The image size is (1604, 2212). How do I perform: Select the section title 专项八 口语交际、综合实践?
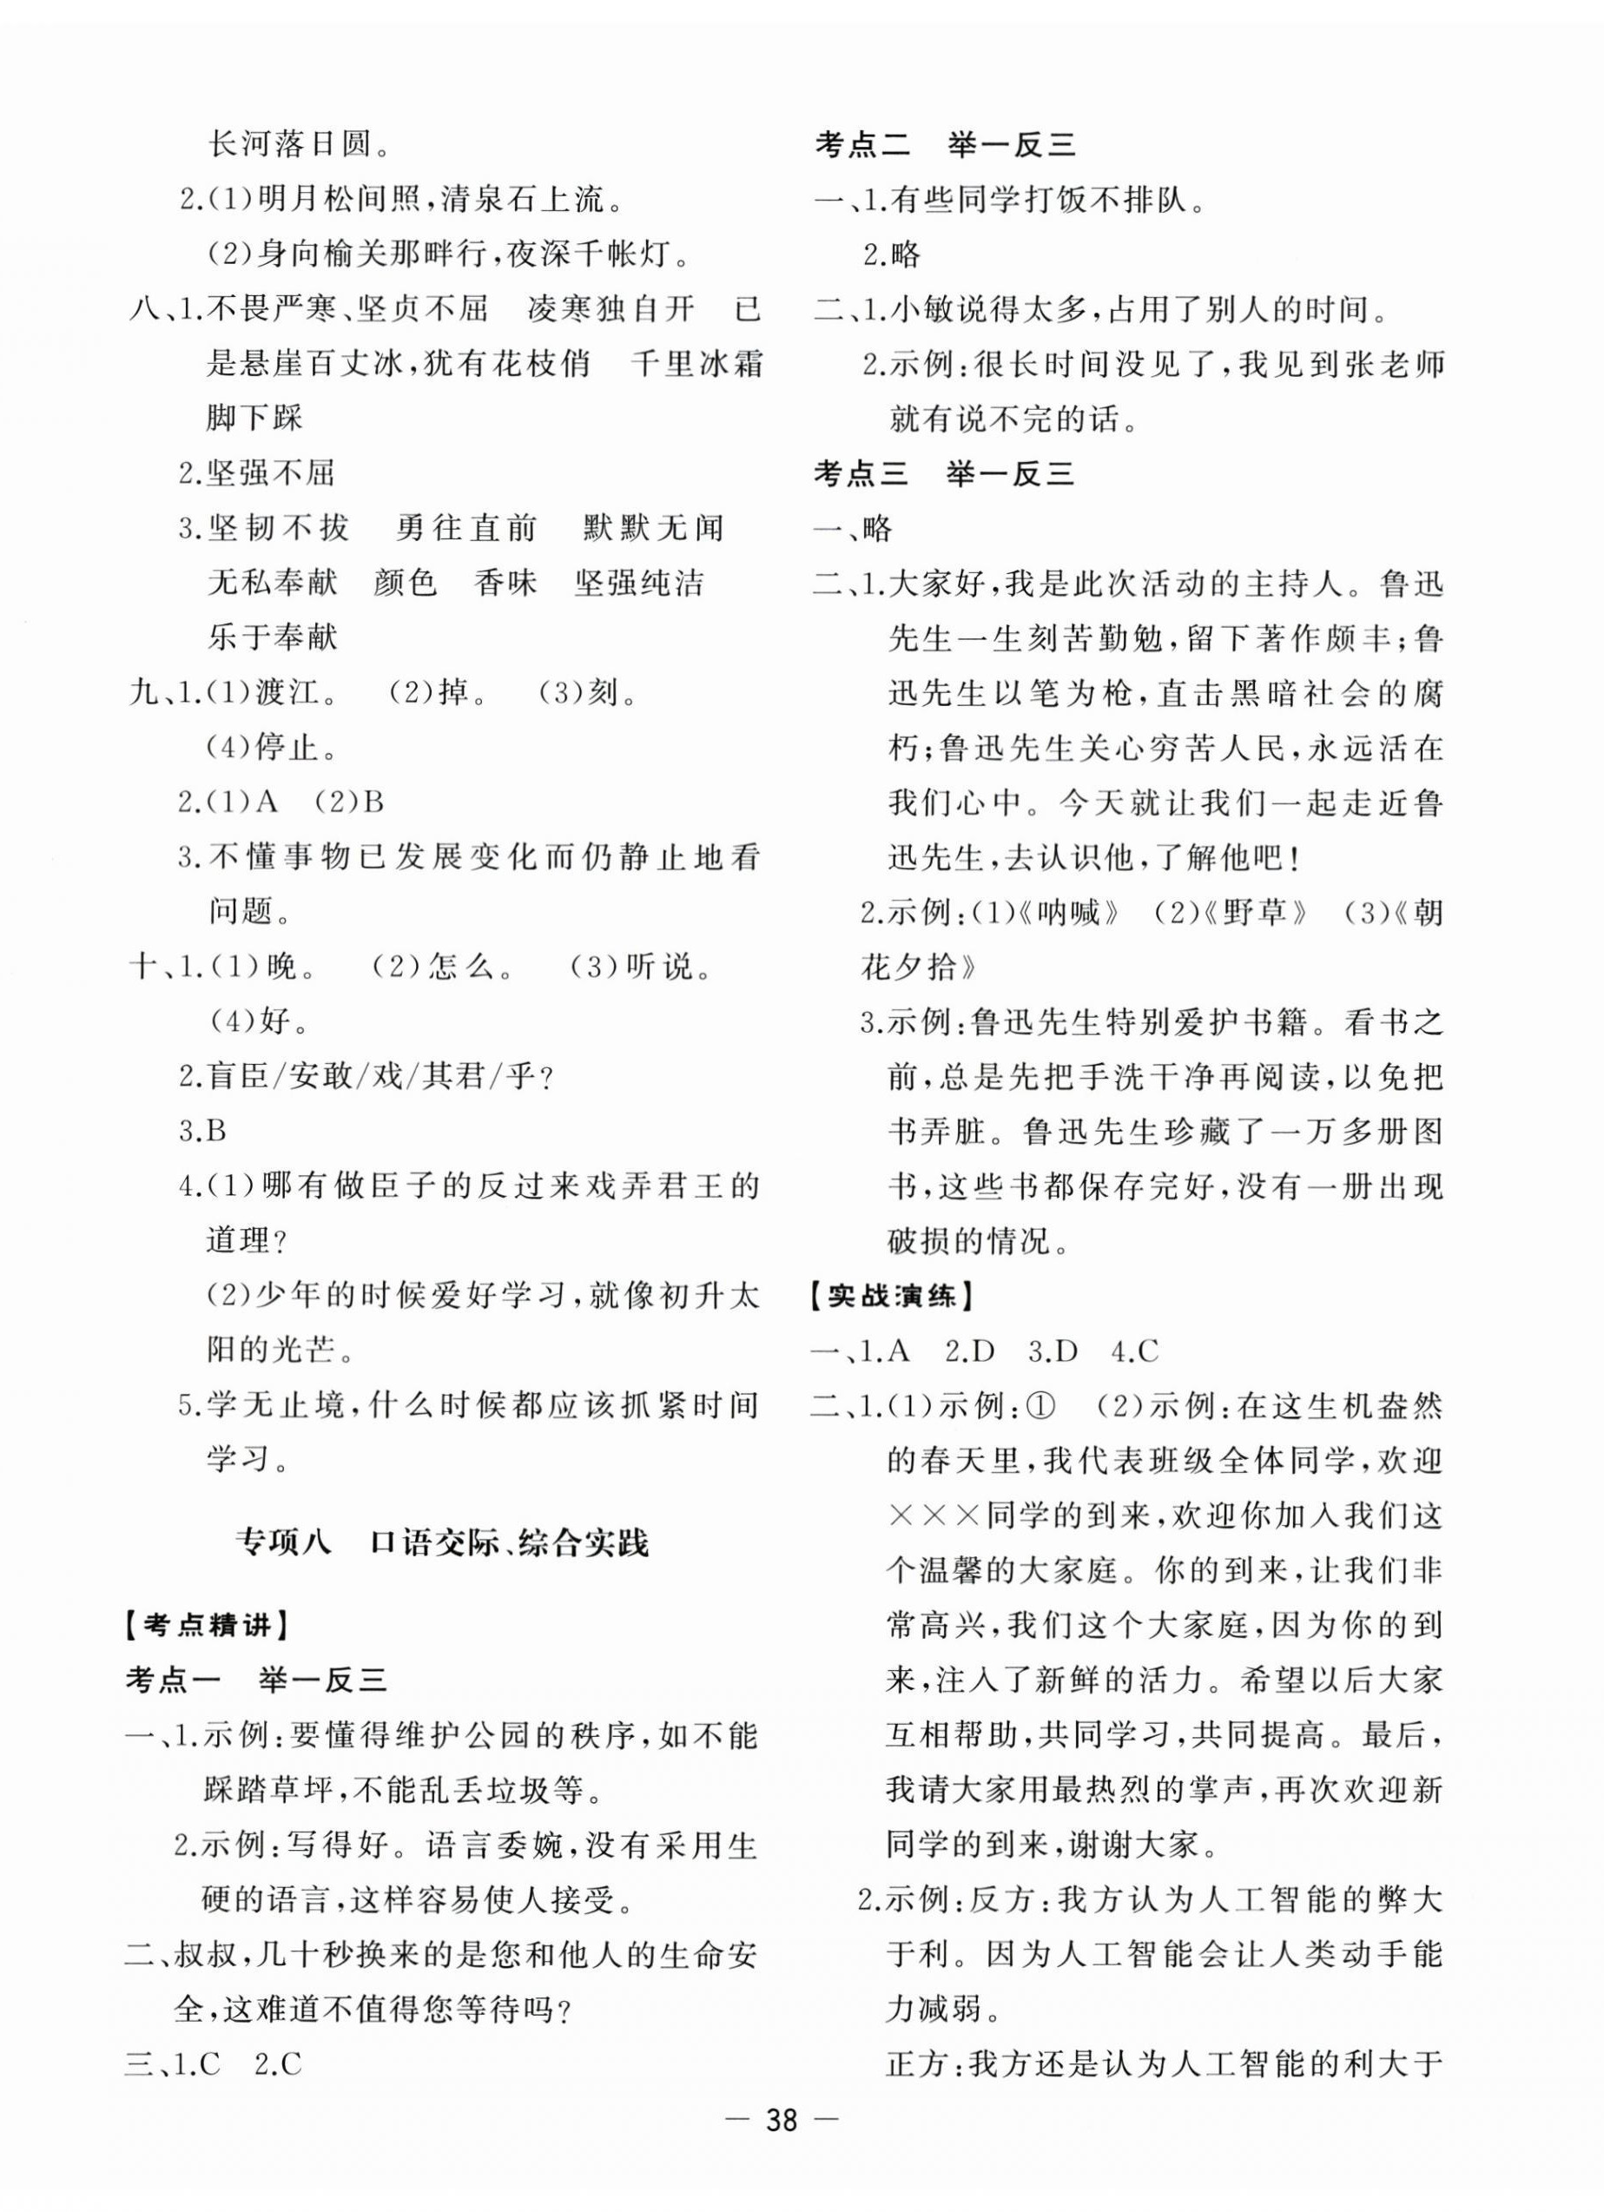click(442, 1542)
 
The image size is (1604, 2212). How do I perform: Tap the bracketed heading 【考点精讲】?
click(206, 1625)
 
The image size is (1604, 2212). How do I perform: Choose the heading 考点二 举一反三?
click(944, 145)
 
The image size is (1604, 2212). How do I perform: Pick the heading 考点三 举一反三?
click(944, 474)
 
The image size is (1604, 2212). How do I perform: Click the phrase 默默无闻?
click(654, 529)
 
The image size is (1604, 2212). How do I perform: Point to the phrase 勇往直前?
click(467, 529)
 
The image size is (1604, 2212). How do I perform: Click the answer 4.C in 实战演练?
click(1134, 1350)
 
